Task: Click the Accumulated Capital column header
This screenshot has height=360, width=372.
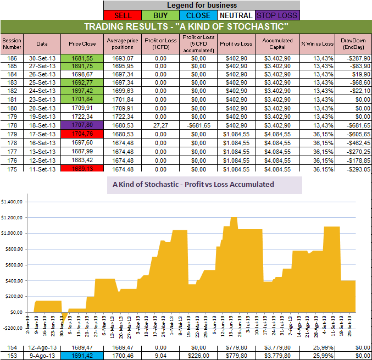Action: pos(277,43)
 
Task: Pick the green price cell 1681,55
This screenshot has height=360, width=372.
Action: pos(82,58)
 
